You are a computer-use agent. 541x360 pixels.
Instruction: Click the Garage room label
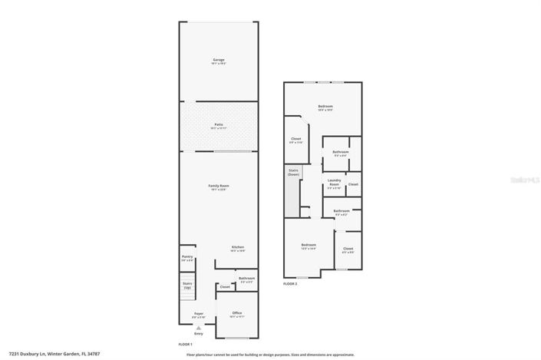tap(219, 60)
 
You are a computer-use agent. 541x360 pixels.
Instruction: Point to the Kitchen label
tap(238, 246)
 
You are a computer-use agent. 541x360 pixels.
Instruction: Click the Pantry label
tap(186, 257)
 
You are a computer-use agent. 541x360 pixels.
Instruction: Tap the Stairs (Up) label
tap(187, 285)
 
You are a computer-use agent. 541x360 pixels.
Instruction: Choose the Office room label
tap(237, 313)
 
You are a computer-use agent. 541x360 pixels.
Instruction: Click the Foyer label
tap(199, 314)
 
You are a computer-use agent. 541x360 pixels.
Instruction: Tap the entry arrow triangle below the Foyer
tap(199, 327)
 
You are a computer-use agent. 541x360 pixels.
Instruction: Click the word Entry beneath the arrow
tap(199, 334)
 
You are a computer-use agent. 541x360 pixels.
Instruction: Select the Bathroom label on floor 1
tap(246, 279)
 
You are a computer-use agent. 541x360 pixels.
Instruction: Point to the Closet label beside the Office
tap(224, 289)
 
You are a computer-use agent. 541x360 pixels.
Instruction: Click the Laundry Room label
tap(334, 183)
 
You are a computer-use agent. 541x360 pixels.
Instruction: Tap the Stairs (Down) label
tap(293, 173)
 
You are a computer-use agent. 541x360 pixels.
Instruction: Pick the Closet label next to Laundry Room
tap(353, 184)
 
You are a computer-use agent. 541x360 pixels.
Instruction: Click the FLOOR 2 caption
tap(290, 284)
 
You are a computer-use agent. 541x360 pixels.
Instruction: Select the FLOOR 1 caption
tap(185, 344)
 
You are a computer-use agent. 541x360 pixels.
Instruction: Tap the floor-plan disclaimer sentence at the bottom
tap(270, 355)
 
